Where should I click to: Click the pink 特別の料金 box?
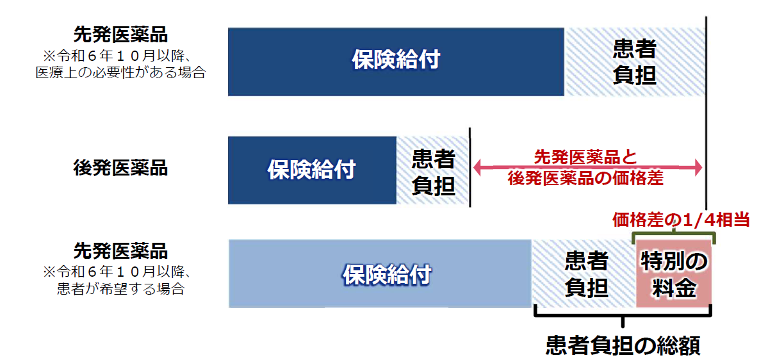[x=673, y=274]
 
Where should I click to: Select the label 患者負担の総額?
[x=623, y=345]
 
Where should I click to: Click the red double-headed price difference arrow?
[x=588, y=168]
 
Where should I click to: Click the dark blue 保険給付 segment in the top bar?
[x=396, y=61]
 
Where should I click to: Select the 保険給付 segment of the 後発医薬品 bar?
[x=312, y=170]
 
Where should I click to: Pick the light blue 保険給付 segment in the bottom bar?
[x=380, y=274]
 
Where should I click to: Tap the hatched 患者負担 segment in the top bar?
[x=635, y=61]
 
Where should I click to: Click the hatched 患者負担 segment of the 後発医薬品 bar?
[x=432, y=170]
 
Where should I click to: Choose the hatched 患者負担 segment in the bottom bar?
[x=584, y=274]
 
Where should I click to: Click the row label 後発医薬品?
[x=120, y=168]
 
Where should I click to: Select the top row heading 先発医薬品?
[x=120, y=35]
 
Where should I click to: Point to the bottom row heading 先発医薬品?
[x=120, y=251]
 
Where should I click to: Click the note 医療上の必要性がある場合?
[x=120, y=74]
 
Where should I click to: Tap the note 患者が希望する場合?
[x=120, y=289]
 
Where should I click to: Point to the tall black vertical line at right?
[x=707, y=113]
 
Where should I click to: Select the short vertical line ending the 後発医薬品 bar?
[x=470, y=168]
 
